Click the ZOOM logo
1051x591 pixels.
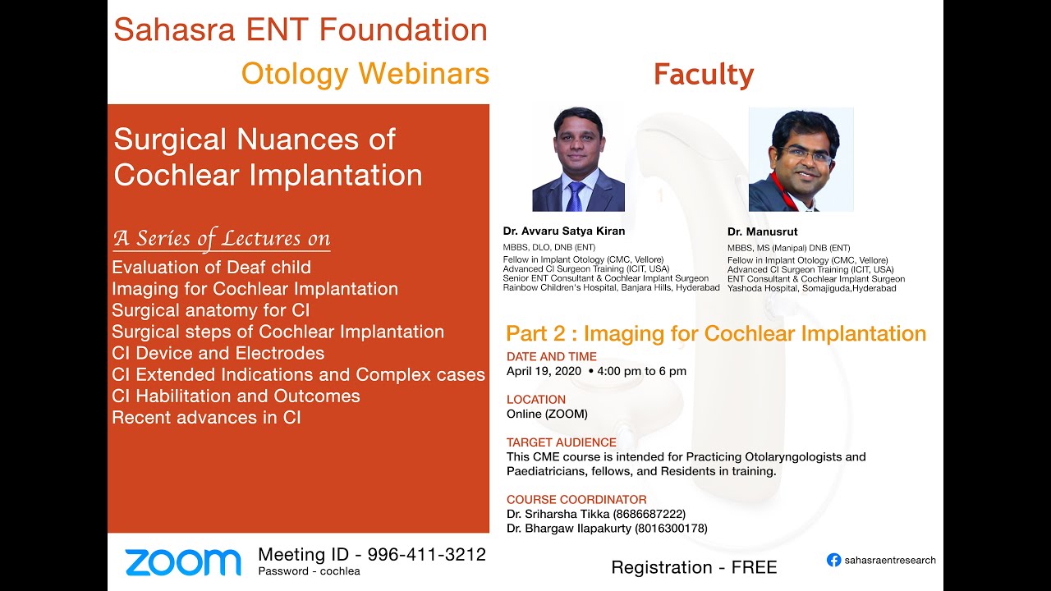tap(182, 562)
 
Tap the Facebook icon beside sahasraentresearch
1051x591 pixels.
tap(833, 560)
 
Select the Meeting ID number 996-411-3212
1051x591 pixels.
tap(426, 555)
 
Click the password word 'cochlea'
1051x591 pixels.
tap(341, 571)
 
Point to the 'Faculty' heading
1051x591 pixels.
tap(703, 76)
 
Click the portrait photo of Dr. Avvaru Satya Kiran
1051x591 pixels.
tap(578, 158)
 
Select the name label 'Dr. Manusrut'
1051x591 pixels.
tap(762, 232)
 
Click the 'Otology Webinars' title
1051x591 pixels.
tap(365, 74)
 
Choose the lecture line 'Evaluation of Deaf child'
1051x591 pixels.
tap(211, 268)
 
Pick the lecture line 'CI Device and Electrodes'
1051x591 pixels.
tap(218, 353)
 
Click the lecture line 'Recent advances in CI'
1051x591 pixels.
tap(206, 417)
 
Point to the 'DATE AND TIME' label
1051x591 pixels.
tap(551, 356)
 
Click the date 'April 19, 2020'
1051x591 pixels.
tap(543, 371)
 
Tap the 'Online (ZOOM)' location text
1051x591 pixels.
tap(547, 414)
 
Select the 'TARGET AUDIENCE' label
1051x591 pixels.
tap(561, 442)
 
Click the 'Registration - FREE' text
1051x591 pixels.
tap(694, 567)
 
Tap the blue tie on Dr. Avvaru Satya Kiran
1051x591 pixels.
tap(576, 195)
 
